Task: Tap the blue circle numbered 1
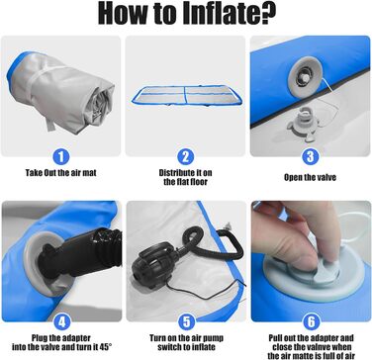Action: [x=61, y=157]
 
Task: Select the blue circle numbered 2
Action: [x=186, y=157]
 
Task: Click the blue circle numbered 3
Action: [x=311, y=157]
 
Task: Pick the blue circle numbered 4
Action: [x=61, y=322]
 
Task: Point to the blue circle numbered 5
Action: [x=186, y=322]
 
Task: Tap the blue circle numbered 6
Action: [x=311, y=322]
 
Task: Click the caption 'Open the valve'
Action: [x=310, y=177]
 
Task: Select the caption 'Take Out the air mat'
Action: [x=61, y=173]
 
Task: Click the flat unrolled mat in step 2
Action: [x=187, y=96]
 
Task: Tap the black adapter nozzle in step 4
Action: [x=80, y=254]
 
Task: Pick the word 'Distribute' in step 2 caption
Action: [x=177, y=173]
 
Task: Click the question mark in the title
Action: [x=267, y=14]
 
